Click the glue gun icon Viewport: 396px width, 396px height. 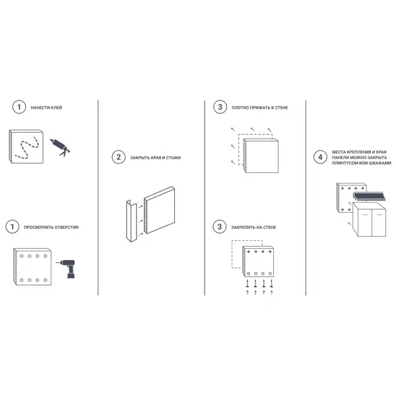pos(60,147)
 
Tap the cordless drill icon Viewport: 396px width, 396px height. pos(66,269)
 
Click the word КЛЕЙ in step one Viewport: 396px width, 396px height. pos(56,108)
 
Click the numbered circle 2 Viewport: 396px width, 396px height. pos(118,157)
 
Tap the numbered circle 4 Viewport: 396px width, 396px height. pos(320,157)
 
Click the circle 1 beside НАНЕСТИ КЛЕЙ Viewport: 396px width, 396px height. pos(19,107)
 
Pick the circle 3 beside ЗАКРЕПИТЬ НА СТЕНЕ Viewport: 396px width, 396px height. pos(220,226)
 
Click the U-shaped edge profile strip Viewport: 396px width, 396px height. pos(131,221)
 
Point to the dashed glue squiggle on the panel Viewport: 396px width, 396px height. pos(27,148)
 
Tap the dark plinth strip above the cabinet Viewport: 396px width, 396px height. pos(369,196)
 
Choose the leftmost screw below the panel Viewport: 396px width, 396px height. pos(247,283)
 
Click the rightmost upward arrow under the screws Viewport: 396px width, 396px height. pos(272,292)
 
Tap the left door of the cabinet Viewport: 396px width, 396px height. pos(365,224)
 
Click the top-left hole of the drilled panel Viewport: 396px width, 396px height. pos(22,256)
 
